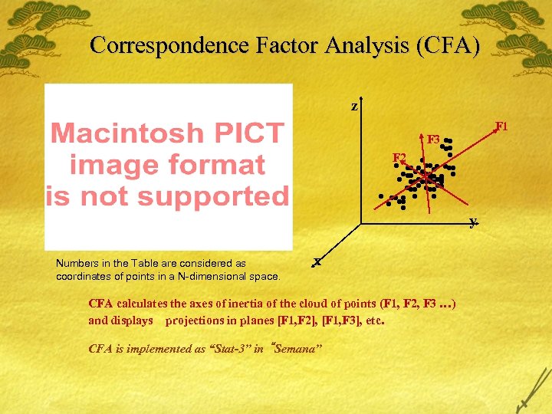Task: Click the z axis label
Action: pyautogui.click(x=354, y=107)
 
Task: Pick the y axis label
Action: pyautogui.click(x=474, y=222)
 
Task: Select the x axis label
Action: pyautogui.click(x=317, y=261)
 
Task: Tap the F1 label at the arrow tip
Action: pyautogui.click(x=501, y=125)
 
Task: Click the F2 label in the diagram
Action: pyautogui.click(x=399, y=158)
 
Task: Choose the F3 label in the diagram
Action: pyautogui.click(x=433, y=140)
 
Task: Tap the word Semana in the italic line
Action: pyautogui.click(x=297, y=349)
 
